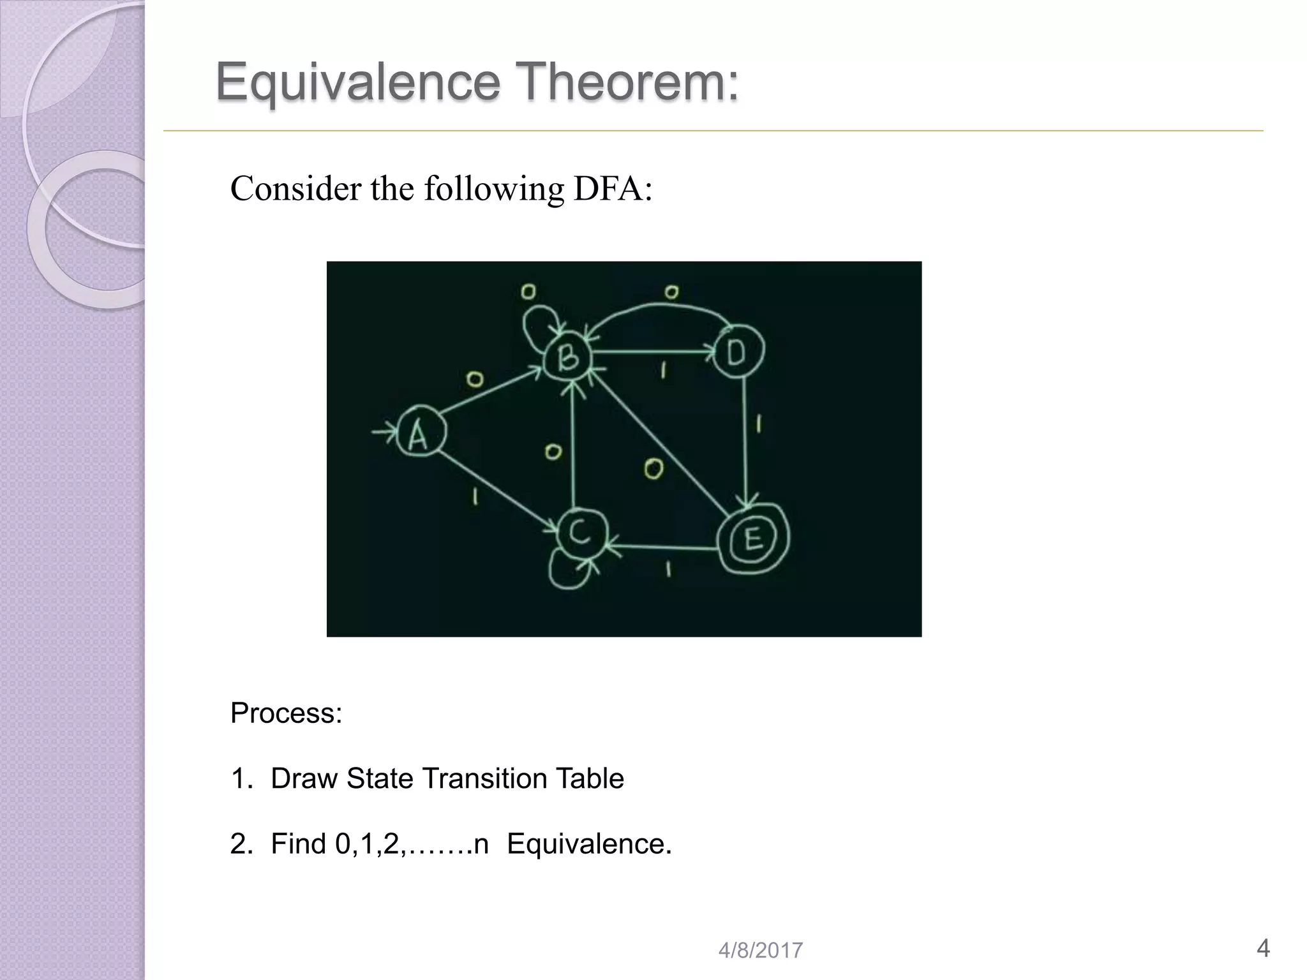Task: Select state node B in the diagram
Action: point(567,357)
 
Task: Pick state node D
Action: point(737,351)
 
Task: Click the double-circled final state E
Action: point(753,539)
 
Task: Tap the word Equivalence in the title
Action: point(357,82)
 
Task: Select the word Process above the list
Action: point(285,713)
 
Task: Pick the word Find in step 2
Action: point(298,843)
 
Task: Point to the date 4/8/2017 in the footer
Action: point(760,951)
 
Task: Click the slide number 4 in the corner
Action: point(1262,948)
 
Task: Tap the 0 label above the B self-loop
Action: point(528,292)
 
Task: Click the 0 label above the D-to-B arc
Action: point(671,292)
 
